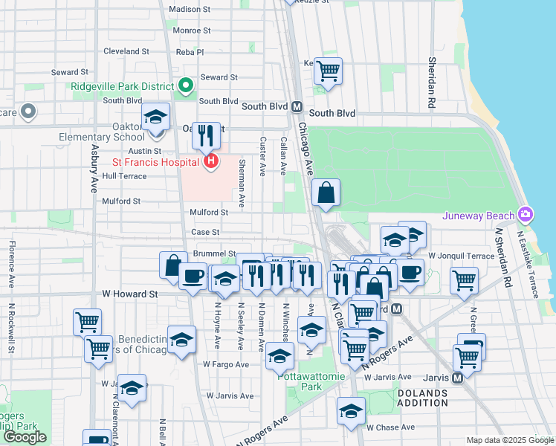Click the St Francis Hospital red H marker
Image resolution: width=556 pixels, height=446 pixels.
(211, 161)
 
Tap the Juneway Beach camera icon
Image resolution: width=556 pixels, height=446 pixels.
(526, 215)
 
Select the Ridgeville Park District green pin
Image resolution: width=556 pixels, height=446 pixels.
(184, 86)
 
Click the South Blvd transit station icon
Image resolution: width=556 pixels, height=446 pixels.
(297, 106)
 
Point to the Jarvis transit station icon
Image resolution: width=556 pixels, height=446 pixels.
(457, 377)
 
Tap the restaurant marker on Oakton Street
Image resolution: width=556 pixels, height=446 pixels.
(206, 135)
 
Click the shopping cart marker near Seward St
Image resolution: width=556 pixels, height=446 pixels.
(327, 71)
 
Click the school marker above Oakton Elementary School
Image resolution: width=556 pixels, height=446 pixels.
(156, 117)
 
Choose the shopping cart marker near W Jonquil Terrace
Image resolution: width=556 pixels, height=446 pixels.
(464, 281)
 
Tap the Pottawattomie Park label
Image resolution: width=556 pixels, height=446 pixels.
(311, 381)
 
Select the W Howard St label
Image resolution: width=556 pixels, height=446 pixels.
(130, 294)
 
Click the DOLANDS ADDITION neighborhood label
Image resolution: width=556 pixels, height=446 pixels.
(422, 398)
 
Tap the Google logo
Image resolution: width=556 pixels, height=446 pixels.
(25, 437)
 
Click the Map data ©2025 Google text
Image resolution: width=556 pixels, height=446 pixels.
(510, 440)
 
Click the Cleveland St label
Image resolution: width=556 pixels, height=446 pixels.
(126, 51)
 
